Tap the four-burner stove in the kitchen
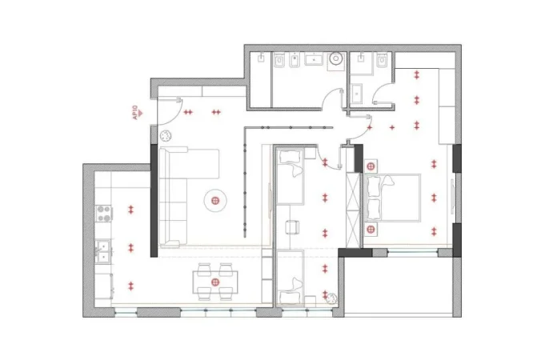tap(103, 212)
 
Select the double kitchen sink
tap(103, 254)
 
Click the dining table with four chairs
tap(214, 282)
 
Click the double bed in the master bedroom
tap(394, 197)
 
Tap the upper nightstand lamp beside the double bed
tap(371, 166)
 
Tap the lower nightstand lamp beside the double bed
tap(371, 228)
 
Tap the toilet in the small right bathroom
tap(382, 62)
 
